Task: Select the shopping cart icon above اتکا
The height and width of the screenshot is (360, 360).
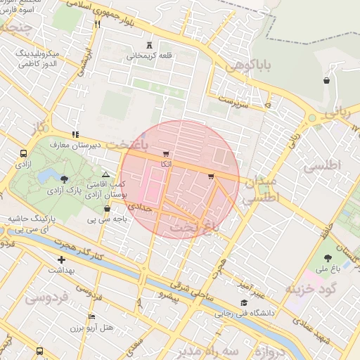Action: click(x=165, y=154)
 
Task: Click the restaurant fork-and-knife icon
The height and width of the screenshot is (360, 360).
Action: click(x=96, y=24)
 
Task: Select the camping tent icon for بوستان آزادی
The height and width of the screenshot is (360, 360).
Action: click(x=105, y=174)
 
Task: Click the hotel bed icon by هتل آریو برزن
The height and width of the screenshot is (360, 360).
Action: click(x=92, y=318)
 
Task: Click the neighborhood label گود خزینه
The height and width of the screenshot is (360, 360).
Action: click(x=311, y=288)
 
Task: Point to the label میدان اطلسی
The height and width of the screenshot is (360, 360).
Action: click(x=261, y=190)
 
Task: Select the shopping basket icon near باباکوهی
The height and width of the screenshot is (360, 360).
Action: click(x=327, y=81)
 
